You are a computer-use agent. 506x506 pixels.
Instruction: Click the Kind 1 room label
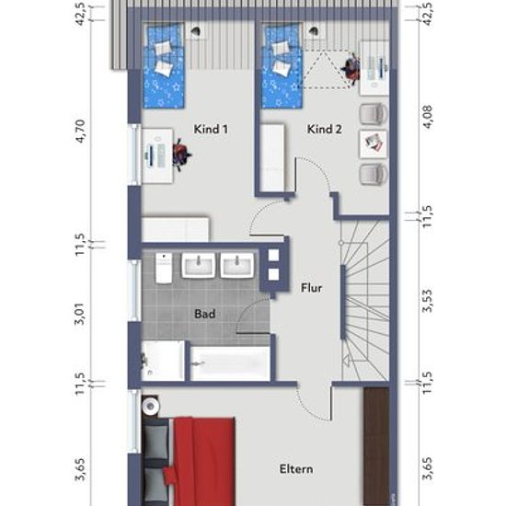[211, 129]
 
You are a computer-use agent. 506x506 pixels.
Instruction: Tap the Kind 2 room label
[324, 129]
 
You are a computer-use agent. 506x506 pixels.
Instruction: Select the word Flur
[311, 288]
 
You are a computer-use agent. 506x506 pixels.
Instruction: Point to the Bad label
[205, 314]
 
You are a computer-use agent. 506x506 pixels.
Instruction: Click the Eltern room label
[296, 469]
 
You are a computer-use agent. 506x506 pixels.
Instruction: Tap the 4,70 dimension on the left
[80, 131]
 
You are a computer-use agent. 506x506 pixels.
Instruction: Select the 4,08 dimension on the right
[428, 117]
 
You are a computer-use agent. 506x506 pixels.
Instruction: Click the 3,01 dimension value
[80, 314]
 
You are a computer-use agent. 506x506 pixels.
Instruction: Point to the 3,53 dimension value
[428, 302]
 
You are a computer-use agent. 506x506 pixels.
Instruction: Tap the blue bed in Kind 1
[164, 66]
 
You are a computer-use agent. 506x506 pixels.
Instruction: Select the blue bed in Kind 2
[282, 66]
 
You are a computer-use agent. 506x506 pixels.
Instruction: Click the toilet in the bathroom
[164, 268]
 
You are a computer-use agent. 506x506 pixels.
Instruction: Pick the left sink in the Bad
[198, 265]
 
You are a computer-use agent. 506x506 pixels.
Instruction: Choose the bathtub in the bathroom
[230, 363]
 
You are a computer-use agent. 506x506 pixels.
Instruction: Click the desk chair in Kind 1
[181, 155]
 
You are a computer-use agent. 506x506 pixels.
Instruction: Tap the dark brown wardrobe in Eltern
[376, 446]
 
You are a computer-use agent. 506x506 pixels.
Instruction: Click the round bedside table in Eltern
[151, 406]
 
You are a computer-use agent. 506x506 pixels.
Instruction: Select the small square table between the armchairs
[373, 144]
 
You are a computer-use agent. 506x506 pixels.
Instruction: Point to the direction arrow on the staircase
[347, 362]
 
